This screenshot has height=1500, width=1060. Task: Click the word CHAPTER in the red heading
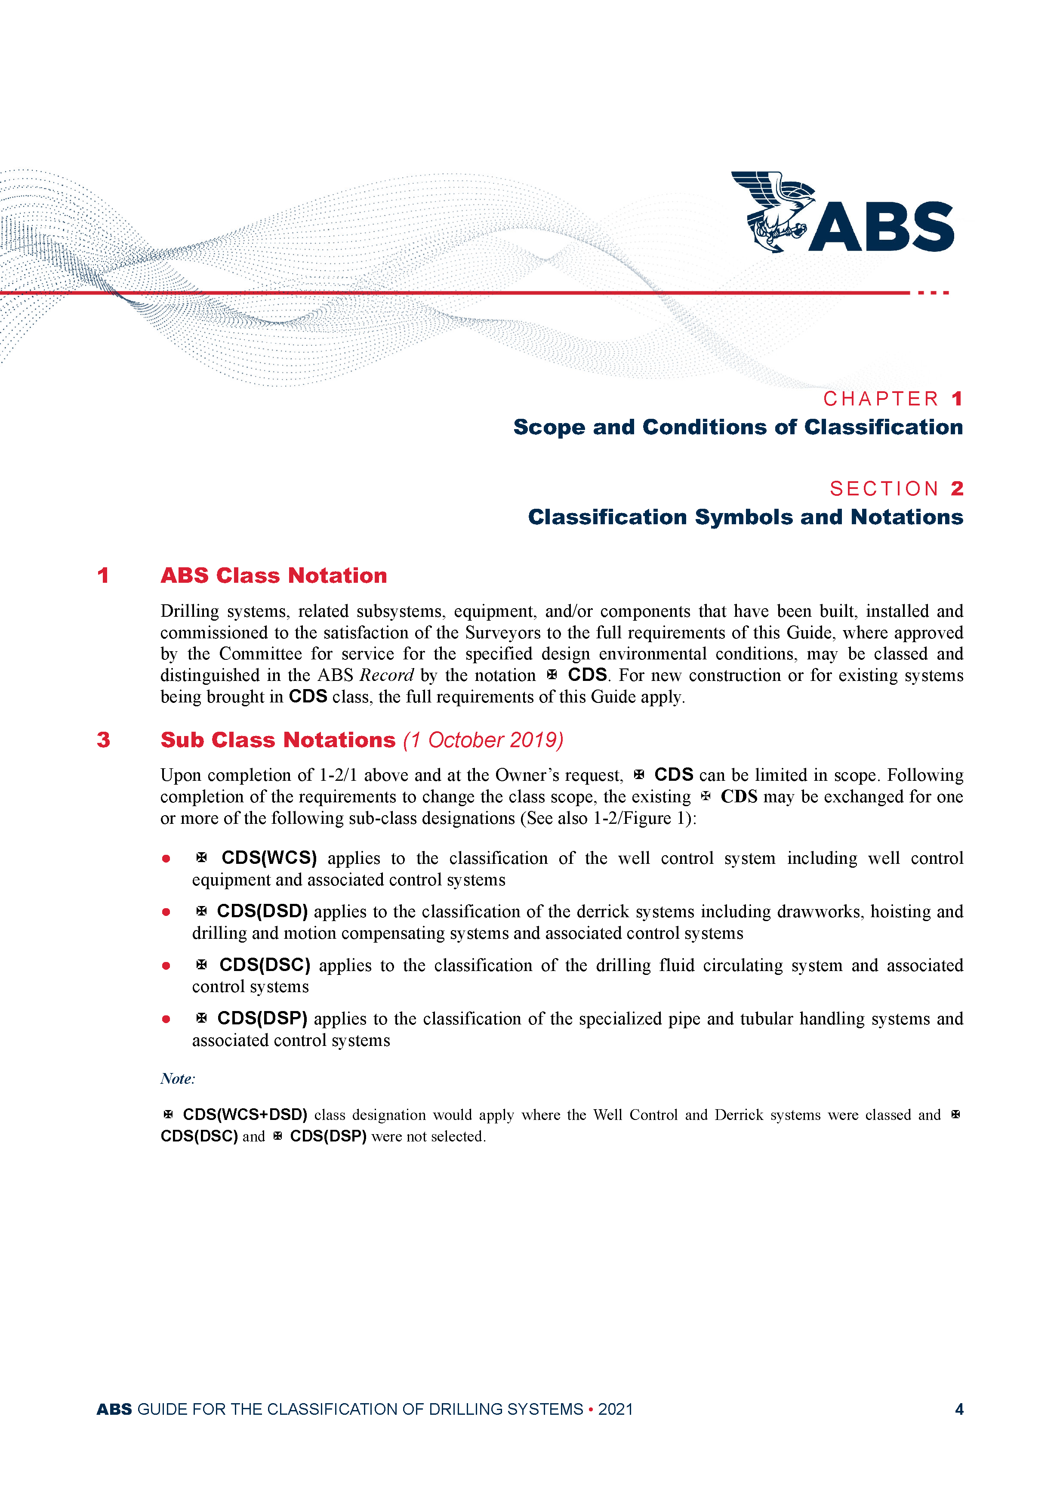click(881, 399)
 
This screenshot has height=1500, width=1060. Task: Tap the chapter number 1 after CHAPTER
click(957, 399)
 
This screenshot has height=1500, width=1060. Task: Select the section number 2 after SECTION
click(957, 489)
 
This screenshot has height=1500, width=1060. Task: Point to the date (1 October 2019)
click(483, 740)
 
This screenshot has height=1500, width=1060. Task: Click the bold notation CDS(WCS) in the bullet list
click(269, 858)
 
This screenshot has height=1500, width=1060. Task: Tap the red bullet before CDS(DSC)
click(166, 965)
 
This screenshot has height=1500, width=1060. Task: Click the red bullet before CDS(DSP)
click(166, 1019)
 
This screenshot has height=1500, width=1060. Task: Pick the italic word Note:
click(178, 1079)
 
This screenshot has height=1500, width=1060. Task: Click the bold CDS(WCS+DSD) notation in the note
click(245, 1114)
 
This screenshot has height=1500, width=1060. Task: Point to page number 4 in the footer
click(959, 1409)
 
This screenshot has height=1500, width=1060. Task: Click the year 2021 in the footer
click(615, 1409)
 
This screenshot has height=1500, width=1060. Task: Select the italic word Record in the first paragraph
click(387, 675)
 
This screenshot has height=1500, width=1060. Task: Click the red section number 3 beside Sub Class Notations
click(103, 740)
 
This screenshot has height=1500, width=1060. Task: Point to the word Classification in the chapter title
click(883, 427)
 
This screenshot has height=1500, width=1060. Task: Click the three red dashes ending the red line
click(933, 293)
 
